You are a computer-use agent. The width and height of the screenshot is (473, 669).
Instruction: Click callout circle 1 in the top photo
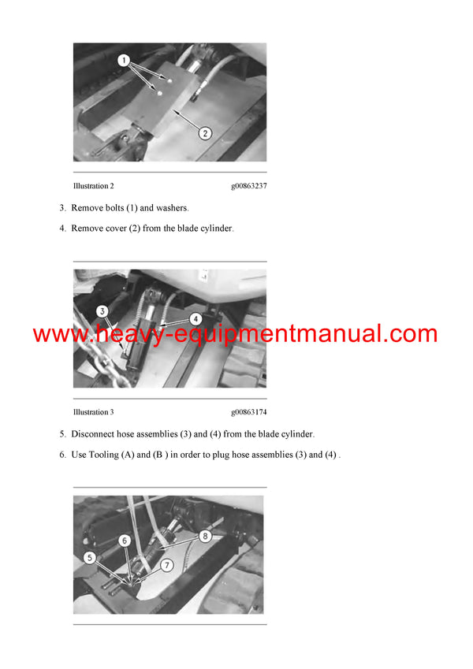click(x=123, y=60)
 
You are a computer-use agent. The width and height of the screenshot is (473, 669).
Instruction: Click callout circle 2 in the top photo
click(x=204, y=133)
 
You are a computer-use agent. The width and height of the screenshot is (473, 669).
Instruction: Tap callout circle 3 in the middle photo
click(x=102, y=312)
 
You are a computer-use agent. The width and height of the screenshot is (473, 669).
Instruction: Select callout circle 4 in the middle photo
click(x=196, y=319)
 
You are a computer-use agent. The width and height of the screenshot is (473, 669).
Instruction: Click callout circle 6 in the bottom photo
click(x=124, y=540)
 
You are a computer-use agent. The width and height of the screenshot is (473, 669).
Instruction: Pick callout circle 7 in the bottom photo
click(x=166, y=565)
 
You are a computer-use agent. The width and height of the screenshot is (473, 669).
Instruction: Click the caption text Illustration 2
click(x=94, y=186)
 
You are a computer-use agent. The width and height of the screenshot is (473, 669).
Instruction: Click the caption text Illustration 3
click(x=94, y=412)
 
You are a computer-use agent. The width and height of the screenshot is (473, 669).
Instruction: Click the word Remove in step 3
click(x=88, y=208)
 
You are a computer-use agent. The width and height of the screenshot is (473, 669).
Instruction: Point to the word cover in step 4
click(x=117, y=229)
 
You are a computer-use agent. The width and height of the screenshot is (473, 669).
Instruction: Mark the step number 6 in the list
click(x=62, y=455)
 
